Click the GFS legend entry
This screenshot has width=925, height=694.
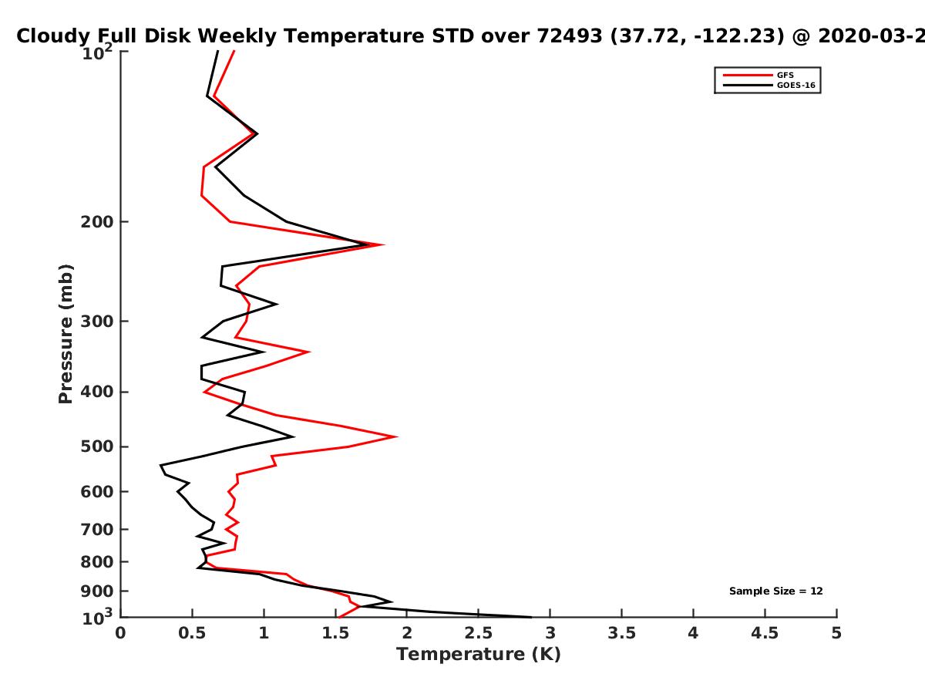point(758,75)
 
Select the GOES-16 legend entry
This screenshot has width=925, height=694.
point(769,85)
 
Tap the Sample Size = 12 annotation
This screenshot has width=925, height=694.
point(775,591)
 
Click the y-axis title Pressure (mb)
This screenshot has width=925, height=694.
point(66,334)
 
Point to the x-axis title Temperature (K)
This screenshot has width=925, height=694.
point(479,655)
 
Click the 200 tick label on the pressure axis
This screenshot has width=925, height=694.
point(97,221)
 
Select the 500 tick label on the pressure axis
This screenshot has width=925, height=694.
point(97,446)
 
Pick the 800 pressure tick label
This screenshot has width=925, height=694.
point(97,561)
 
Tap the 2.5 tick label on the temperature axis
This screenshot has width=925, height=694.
point(479,633)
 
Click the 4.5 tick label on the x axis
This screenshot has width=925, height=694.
point(765,633)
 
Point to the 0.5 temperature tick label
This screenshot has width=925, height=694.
point(192,633)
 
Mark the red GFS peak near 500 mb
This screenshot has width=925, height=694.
point(396,436)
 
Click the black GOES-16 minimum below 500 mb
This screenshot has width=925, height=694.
point(161,465)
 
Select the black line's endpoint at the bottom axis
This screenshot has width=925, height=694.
point(531,618)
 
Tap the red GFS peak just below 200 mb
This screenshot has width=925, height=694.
point(383,244)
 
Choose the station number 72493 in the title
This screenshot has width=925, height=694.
point(569,36)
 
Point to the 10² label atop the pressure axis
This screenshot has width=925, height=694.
point(97,52)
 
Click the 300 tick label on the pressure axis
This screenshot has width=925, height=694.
point(97,321)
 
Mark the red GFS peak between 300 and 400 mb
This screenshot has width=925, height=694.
point(309,352)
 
